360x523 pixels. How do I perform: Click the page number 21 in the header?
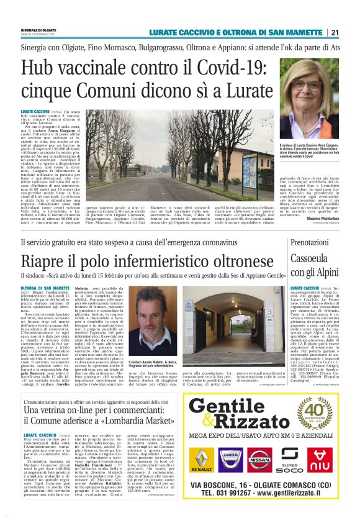tap(335, 32)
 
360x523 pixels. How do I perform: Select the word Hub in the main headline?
tap(38, 68)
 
